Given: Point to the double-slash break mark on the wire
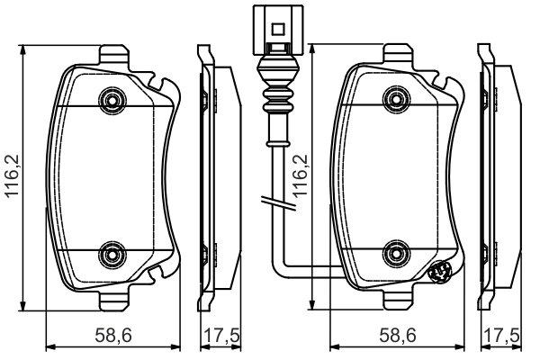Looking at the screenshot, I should (x=271, y=203).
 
